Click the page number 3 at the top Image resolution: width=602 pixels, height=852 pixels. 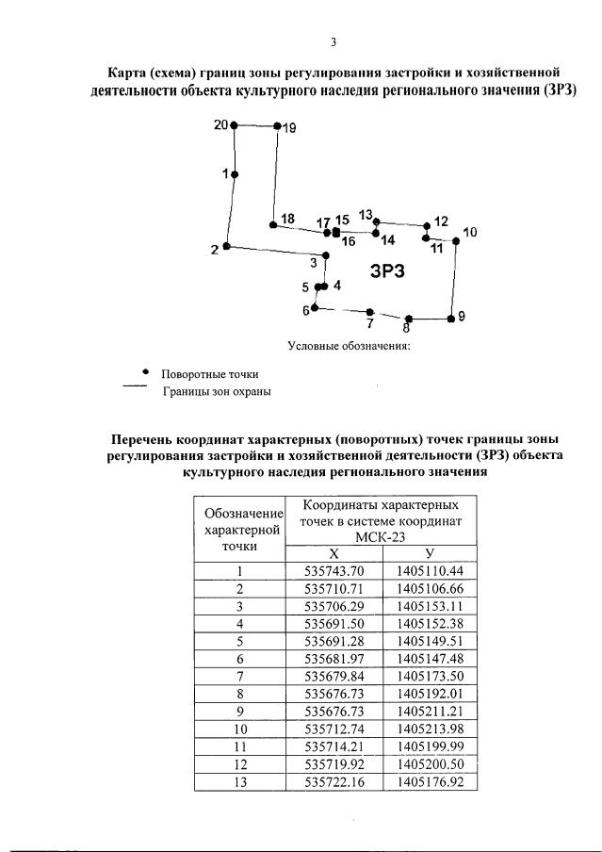(333, 42)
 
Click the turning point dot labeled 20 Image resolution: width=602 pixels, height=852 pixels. (234, 124)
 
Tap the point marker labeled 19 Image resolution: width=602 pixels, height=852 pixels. (277, 125)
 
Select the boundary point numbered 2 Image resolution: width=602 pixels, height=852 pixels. (227, 247)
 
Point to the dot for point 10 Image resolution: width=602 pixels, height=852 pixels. (456, 241)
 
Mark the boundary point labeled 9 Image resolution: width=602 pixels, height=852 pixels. (450, 319)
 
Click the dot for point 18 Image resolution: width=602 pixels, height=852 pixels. (272, 225)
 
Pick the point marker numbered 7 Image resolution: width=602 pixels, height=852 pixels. (370, 312)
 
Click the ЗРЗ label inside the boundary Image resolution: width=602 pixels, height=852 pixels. (387, 271)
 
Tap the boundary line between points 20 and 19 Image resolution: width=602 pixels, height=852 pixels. (255, 125)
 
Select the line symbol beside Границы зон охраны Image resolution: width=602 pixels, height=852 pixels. (136, 386)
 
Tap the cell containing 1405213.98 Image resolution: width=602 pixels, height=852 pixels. (430, 729)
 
